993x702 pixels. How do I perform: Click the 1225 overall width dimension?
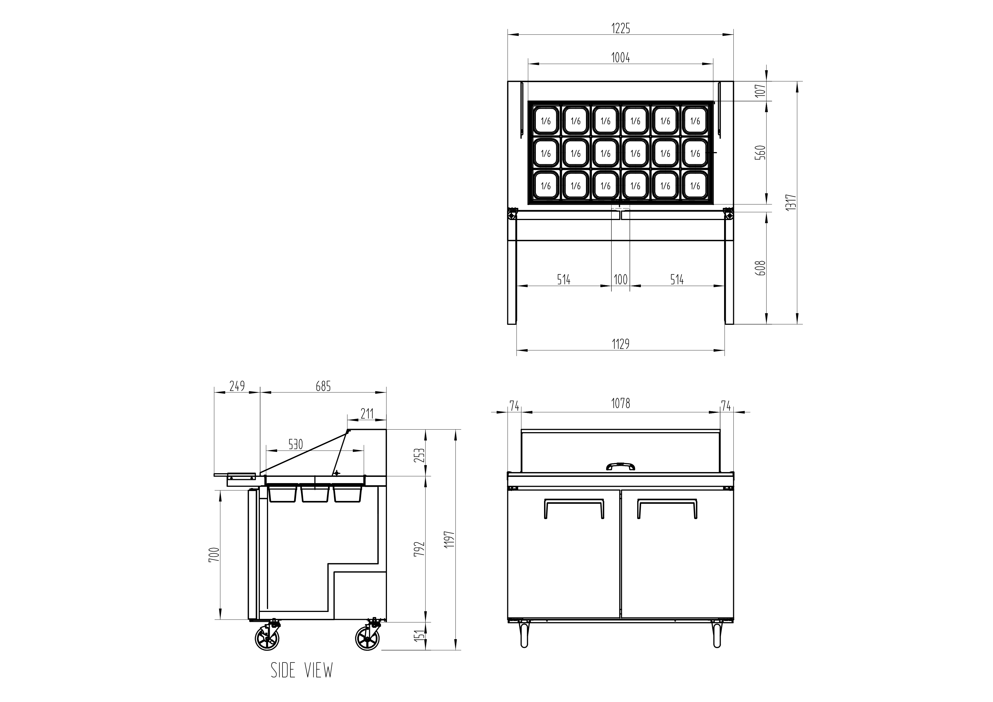620,29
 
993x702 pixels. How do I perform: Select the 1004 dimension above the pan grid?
620,57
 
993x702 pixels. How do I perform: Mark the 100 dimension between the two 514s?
620,280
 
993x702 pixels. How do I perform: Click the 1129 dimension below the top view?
620,344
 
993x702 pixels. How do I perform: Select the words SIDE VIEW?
302,670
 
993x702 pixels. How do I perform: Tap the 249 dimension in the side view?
237,386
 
